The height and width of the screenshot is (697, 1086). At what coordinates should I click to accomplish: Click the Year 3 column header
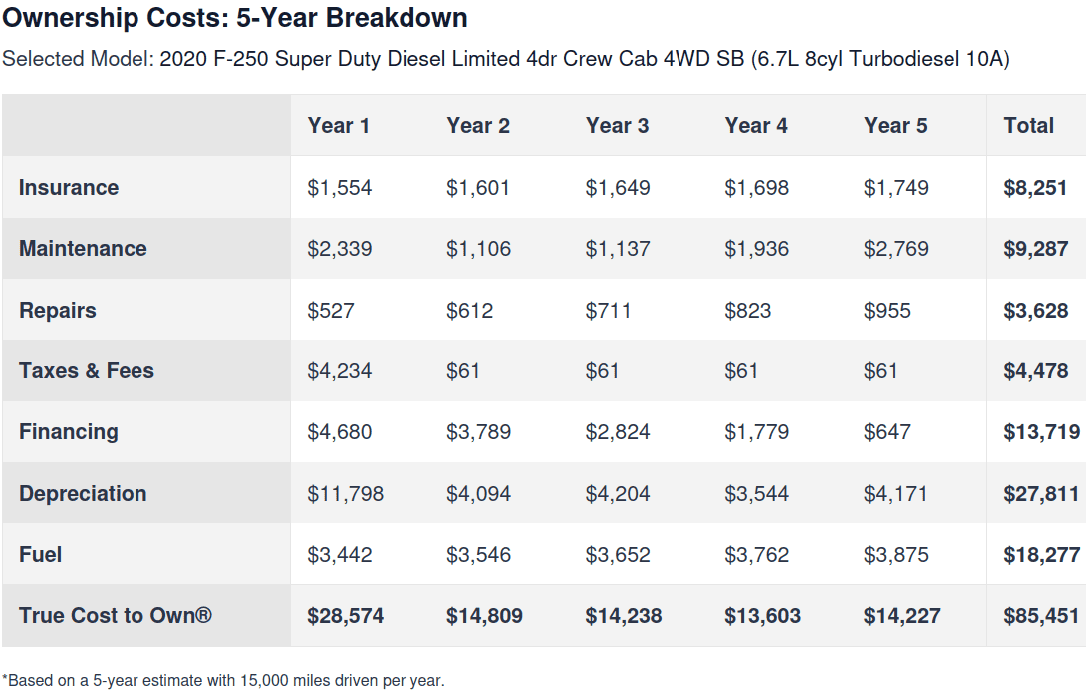click(x=617, y=126)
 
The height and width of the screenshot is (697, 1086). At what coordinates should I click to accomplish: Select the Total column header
click(x=1028, y=126)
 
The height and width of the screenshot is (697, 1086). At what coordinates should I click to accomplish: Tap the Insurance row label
click(x=69, y=187)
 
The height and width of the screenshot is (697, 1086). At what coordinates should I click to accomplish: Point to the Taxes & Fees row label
click(x=87, y=371)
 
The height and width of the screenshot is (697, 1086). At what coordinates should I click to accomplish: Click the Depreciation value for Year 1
click(x=345, y=494)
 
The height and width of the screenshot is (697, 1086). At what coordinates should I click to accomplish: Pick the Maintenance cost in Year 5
click(x=896, y=249)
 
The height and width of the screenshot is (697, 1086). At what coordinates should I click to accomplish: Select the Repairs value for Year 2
click(x=469, y=310)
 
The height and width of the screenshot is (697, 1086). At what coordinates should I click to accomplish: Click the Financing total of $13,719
click(x=1042, y=432)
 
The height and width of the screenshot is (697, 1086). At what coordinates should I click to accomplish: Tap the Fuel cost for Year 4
click(x=756, y=555)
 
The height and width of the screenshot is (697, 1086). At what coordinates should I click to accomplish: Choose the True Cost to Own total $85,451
click(x=1042, y=616)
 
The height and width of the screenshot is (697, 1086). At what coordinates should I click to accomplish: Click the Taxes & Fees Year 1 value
click(x=340, y=371)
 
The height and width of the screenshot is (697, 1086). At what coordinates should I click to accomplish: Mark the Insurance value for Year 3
click(x=618, y=188)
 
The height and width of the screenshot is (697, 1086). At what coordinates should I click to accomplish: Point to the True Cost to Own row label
click(x=116, y=615)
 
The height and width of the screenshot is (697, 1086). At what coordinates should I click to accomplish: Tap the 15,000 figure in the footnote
click(x=264, y=681)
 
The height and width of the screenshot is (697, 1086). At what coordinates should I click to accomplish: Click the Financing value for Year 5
click(x=887, y=432)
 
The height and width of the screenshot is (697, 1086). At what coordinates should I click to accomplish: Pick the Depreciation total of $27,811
click(x=1042, y=494)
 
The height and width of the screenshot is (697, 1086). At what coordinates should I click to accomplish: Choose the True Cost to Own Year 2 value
click(x=484, y=616)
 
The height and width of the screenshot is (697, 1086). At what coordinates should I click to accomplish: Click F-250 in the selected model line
click(x=240, y=58)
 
